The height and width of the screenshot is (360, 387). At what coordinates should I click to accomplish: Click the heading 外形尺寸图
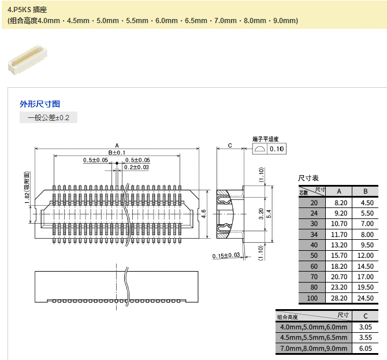pos(40,104)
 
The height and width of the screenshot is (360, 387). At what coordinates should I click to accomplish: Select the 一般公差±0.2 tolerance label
pos(49,118)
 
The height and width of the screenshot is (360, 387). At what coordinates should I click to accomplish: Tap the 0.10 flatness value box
pos(277,149)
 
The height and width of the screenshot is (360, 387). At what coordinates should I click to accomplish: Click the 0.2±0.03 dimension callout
pos(137,167)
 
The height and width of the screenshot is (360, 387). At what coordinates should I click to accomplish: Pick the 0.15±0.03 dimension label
pos(226,255)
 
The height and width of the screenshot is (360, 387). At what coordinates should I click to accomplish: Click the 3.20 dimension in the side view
pos(261,214)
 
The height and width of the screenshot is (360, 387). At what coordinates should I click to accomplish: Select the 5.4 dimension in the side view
pos(269,214)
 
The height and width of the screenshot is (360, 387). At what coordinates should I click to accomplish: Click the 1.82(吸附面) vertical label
pos(27,188)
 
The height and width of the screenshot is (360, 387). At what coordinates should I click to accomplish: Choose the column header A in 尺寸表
pos(340,191)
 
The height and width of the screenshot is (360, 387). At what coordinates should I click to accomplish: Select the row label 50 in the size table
pos(314,255)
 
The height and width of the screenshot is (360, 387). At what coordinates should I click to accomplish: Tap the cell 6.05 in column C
pos(365,348)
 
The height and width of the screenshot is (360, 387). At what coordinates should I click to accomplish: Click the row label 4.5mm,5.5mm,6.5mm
pos(313,337)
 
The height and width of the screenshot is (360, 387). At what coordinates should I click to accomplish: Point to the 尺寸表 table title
pos(308,178)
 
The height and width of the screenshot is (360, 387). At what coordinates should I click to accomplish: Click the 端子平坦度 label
pos(266,139)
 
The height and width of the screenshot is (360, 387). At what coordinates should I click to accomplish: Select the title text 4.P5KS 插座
pos(29,10)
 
